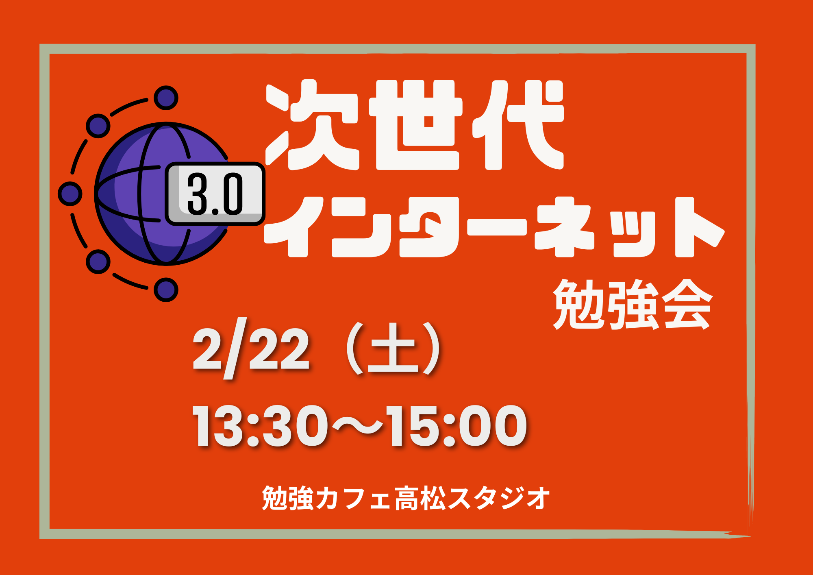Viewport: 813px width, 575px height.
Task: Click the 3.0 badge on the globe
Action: [x=215, y=194]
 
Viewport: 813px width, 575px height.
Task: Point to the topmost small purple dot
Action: [x=166, y=98]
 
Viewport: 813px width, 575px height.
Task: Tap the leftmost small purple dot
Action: [x=70, y=194]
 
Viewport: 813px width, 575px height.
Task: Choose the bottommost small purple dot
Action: [x=166, y=290]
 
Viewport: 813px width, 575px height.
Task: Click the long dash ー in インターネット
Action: [x=497, y=228]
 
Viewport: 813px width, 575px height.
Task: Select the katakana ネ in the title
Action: [x=565, y=227]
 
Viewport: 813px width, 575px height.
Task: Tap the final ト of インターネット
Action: [x=700, y=227]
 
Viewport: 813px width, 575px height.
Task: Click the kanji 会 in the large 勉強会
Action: [x=687, y=304]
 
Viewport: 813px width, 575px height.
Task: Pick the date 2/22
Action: [x=251, y=349]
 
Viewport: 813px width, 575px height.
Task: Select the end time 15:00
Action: [x=457, y=426]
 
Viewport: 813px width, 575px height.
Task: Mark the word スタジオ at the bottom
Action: [x=498, y=498]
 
